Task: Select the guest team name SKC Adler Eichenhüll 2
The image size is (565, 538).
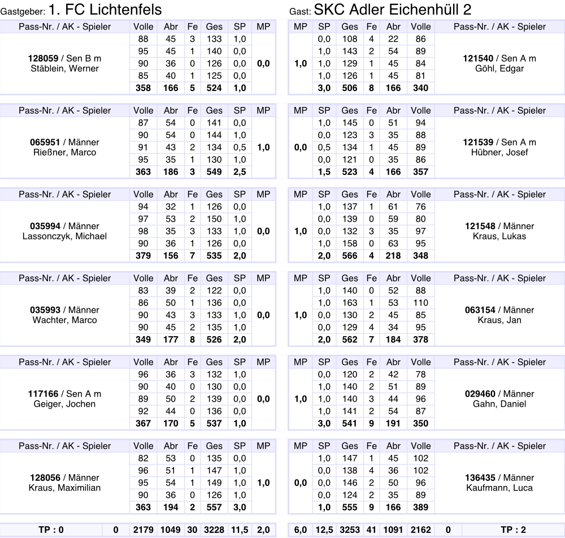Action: [x=392, y=9]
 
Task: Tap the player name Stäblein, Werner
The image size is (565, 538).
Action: [x=66, y=68]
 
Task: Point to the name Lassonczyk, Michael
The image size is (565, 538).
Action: [x=66, y=236]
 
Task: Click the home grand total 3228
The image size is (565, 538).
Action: [x=214, y=530]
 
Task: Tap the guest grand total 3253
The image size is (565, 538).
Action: [x=350, y=530]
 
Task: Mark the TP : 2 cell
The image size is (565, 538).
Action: [x=513, y=530]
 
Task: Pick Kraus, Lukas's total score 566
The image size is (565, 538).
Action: [x=350, y=256]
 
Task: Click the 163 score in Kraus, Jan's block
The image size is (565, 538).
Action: [x=350, y=303]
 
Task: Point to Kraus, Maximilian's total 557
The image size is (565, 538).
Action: [x=214, y=507]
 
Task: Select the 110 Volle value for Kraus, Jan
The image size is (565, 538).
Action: [x=421, y=303]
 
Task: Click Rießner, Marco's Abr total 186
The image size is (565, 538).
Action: [x=171, y=172]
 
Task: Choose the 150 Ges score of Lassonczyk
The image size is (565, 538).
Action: [x=214, y=219]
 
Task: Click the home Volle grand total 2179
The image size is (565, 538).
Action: [x=144, y=530]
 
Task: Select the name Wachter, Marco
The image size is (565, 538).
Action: [x=66, y=320]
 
